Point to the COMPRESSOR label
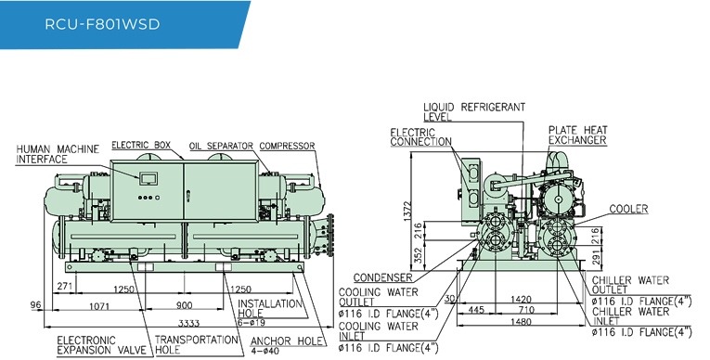[x=287, y=146]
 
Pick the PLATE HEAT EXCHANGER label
[x=577, y=135]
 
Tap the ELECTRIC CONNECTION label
[x=420, y=136]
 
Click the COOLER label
[x=628, y=210]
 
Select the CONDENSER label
[x=382, y=276]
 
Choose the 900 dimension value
[x=184, y=304]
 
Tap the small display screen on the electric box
[x=148, y=177]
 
